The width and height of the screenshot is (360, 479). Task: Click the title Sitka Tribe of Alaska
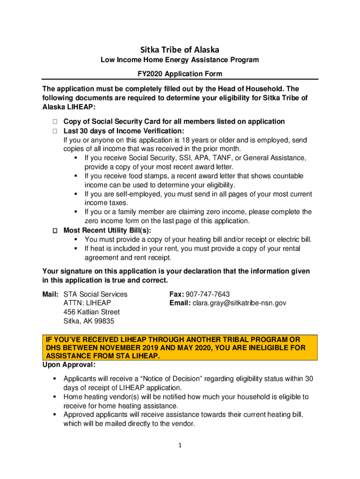click(180, 49)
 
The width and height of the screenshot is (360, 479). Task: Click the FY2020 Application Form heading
click(180, 74)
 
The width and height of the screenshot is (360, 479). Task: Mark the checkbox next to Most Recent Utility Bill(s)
click(54, 231)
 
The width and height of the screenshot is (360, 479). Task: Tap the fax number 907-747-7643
click(208, 294)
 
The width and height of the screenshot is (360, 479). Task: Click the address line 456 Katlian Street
click(91, 312)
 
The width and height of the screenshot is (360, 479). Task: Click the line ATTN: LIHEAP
click(87, 303)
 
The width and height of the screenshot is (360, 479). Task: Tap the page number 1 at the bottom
click(180, 446)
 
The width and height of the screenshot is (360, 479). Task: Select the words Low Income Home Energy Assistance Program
click(180, 60)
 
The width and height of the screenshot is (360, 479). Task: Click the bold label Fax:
click(177, 294)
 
